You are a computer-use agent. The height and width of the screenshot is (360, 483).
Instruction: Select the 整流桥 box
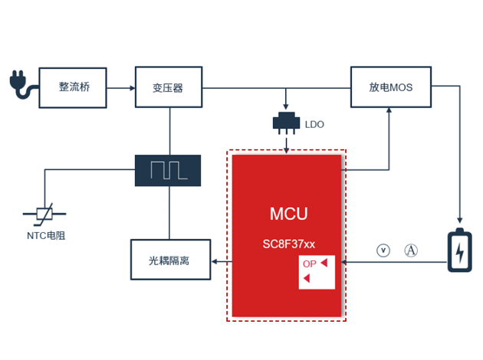pyautogui.click(x=74, y=87)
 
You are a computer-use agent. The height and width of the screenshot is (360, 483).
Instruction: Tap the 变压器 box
pyautogui.click(x=168, y=87)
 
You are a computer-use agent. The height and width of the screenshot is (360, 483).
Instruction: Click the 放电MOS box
pyautogui.click(x=390, y=87)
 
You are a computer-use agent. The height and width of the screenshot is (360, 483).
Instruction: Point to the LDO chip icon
pyautogui.click(x=286, y=123)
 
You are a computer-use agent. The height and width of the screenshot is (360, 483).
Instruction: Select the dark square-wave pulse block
pyautogui.click(x=168, y=170)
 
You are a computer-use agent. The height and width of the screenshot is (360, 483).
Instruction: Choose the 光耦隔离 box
pyautogui.click(x=169, y=261)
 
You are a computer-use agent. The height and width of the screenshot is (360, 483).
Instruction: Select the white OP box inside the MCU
pyautogui.click(x=317, y=272)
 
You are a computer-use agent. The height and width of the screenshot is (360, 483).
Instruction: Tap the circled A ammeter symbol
pyautogui.click(x=411, y=250)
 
